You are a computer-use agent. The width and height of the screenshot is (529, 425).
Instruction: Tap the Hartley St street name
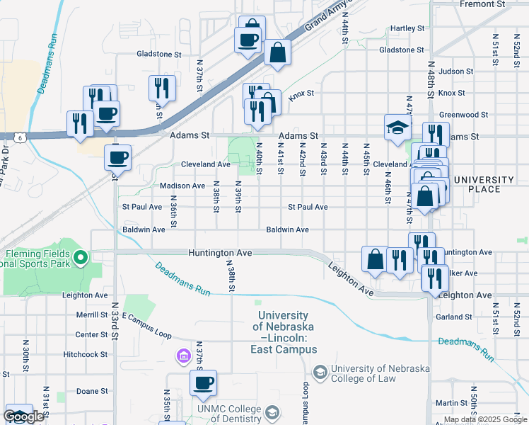(407, 28)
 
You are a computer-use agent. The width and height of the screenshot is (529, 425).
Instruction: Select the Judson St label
(455, 72)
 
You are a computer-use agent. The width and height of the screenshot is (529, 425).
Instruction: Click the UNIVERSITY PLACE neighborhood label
(483, 184)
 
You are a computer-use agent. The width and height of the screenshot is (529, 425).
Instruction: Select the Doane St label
(92, 391)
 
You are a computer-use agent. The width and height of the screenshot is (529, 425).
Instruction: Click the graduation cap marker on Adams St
(397, 127)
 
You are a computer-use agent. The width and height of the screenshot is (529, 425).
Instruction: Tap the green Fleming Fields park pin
(80, 257)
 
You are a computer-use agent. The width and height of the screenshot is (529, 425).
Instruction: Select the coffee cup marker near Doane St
(204, 383)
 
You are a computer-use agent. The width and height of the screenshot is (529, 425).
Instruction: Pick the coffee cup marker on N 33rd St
(117, 157)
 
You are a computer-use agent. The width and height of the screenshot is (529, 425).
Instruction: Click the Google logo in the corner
(24, 417)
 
